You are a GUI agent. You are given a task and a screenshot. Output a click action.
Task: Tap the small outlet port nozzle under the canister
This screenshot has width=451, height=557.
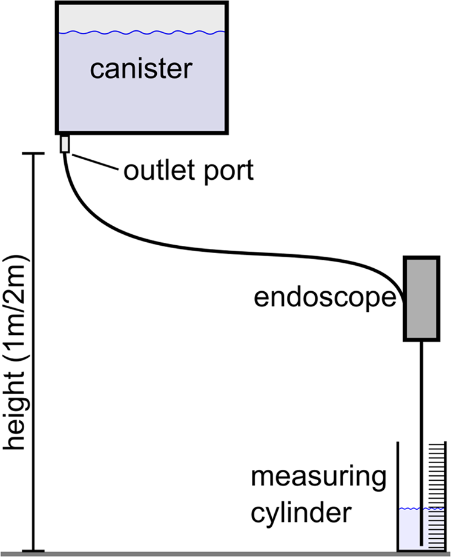(x=65, y=144)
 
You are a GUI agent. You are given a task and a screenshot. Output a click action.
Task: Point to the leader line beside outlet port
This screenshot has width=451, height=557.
(x=94, y=162)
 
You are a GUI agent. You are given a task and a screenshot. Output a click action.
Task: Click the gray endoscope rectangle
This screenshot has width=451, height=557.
(x=421, y=298)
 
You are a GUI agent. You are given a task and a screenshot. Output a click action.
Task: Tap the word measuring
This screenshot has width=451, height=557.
(x=318, y=480)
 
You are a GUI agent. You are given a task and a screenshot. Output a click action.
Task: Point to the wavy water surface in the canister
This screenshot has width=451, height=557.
(x=142, y=31)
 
